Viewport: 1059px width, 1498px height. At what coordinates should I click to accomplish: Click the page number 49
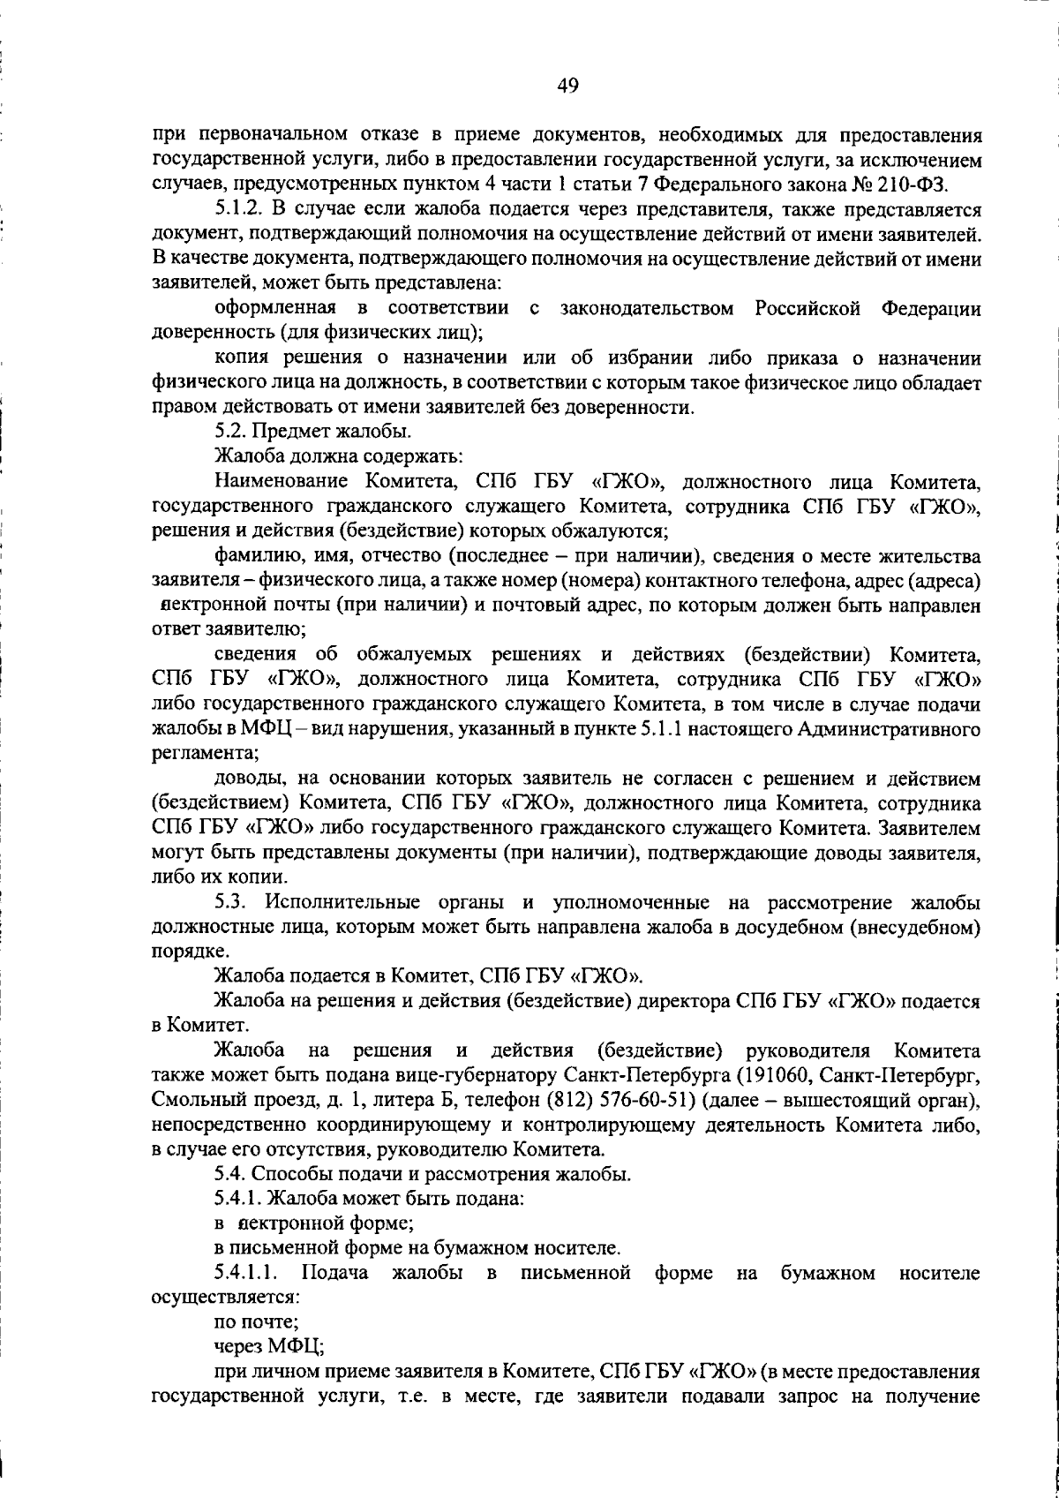(567, 86)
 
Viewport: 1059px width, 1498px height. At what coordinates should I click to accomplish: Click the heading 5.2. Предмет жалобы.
(312, 432)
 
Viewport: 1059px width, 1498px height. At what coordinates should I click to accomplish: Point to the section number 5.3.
(233, 902)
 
